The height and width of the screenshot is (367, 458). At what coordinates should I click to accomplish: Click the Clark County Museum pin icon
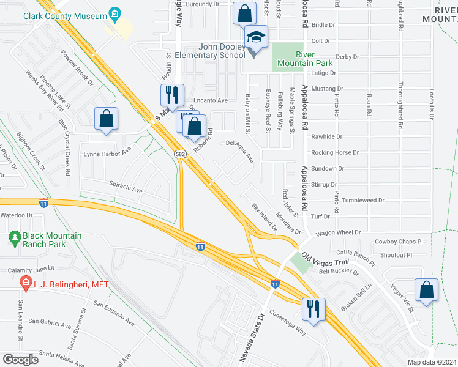(x=113, y=13)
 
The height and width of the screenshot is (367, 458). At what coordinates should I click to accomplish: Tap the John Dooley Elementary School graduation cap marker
(x=257, y=38)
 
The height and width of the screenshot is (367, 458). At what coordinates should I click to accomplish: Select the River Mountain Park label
(x=297, y=57)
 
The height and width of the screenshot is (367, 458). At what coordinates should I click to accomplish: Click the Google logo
(x=20, y=360)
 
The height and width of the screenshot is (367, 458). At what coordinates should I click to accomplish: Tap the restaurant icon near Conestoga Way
(x=313, y=308)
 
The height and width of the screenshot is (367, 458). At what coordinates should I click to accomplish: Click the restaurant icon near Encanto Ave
(x=171, y=95)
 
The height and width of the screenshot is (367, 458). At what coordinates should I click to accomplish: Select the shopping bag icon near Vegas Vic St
(x=426, y=291)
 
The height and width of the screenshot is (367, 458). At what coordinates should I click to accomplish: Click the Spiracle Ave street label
(x=126, y=187)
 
